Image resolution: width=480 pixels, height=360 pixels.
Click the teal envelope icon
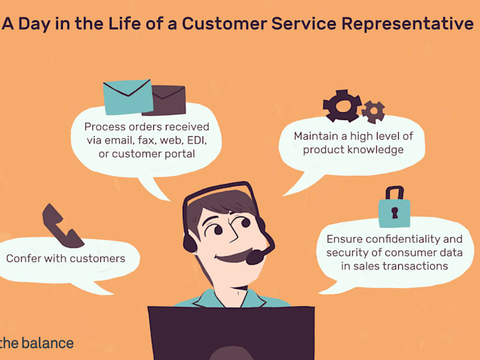(x=128, y=97)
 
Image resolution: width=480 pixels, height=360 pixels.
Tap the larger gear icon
(x=342, y=107)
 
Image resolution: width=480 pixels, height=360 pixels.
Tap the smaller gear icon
(x=373, y=111)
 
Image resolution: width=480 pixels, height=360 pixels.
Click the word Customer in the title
(x=225, y=23)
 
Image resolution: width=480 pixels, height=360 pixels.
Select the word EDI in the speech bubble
(x=189, y=140)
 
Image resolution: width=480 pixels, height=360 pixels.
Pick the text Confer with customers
(x=66, y=258)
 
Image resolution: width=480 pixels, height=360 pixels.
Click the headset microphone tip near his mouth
(x=256, y=257)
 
